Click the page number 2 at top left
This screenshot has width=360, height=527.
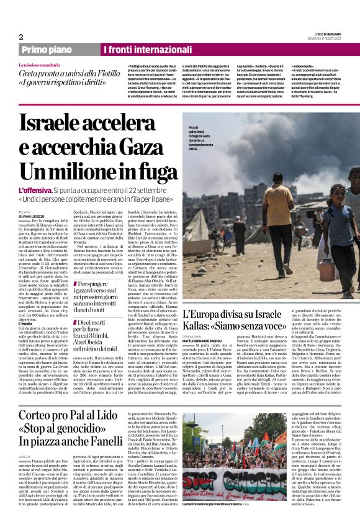(20, 37)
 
